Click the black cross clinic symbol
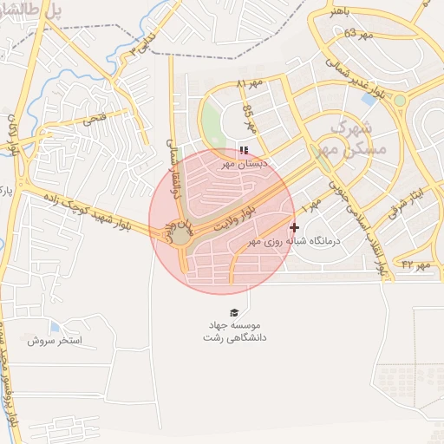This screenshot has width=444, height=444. coord(294,227)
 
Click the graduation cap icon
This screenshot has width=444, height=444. coord(233,312)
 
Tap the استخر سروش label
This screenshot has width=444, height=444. coord(54,341)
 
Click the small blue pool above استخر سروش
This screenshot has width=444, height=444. coord(55,327)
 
